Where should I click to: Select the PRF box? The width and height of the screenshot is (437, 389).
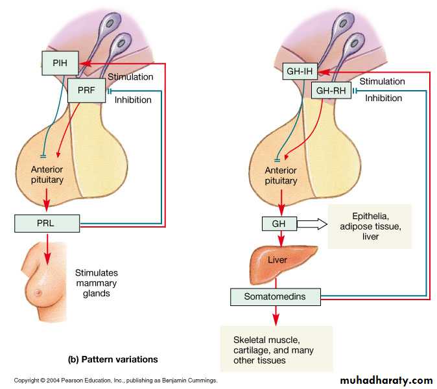click(86, 90)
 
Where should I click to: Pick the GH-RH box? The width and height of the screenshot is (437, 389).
click(331, 91)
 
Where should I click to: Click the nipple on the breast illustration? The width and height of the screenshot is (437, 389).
click(38, 293)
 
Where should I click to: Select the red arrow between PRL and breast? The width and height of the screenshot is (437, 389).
click(47, 250)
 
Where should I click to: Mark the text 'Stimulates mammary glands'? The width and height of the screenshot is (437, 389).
click(97, 283)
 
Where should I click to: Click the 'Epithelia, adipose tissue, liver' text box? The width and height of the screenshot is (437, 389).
click(370, 226)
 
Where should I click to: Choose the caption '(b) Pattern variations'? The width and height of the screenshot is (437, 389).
click(113, 359)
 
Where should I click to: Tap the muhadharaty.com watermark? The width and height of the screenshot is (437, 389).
click(386, 379)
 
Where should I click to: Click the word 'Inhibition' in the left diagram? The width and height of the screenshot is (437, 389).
click(133, 99)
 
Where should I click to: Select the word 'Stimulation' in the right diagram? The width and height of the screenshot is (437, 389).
click(382, 82)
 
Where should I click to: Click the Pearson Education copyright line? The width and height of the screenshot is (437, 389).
click(115, 381)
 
